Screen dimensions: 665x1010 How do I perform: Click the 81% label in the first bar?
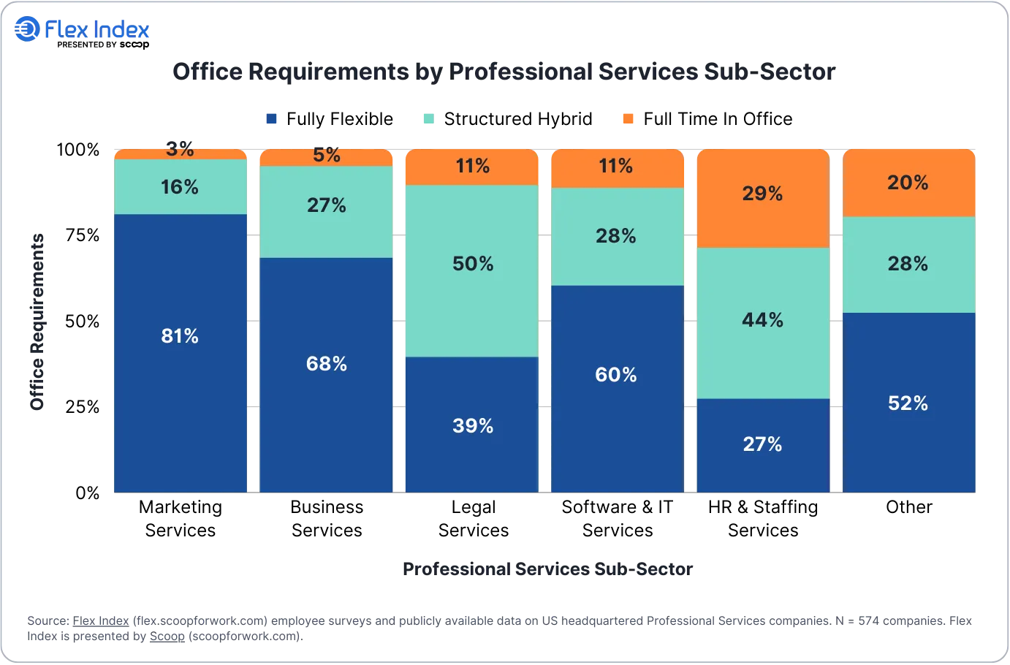[x=180, y=336]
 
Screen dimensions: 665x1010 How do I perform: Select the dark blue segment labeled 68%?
[x=326, y=375]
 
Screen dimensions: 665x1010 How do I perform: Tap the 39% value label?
[x=473, y=426]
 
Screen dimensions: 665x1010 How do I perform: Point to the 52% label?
[x=908, y=403]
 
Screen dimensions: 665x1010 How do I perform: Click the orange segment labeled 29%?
[x=762, y=199]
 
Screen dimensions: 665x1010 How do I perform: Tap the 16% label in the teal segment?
[x=180, y=187]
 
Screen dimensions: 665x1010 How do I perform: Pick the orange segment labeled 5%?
[x=326, y=157]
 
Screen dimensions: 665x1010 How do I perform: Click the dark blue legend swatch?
[x=272, y=119]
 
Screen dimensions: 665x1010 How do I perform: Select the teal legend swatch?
[x=430, y=119]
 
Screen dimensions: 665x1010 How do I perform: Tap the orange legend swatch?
[x=628, y=119]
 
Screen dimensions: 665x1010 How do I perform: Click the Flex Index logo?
[x=82, y=29]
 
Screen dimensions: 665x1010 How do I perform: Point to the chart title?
[x=503, y=72]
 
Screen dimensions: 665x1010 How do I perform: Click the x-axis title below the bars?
[x=548, y=569]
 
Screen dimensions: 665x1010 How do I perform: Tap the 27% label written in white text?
[x=762, y=444]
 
